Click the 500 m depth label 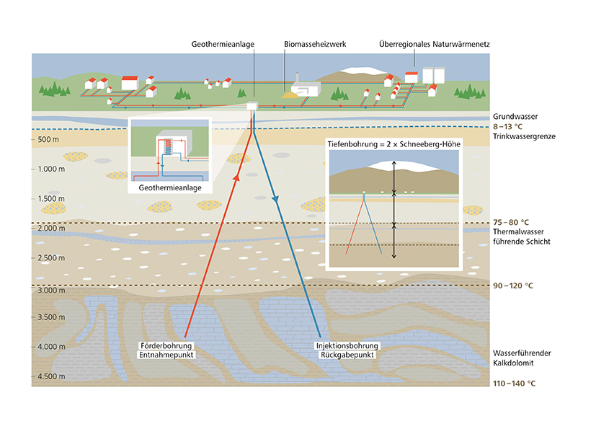tap(48, 139)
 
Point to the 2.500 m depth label tap(51, 258)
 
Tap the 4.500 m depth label tap(51, 376)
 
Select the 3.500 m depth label tap(51, 317)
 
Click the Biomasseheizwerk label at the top tap(315, 44)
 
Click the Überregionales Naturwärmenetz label tap(435, 44)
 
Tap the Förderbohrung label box tap(166, 346)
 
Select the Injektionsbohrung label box tap(347, 346)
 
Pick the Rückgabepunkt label tap(347, 355)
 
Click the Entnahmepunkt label tap(166, 355)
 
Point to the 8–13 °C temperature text tap(508, 127)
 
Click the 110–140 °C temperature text tap(514, 384)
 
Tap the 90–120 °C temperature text tap(512, 285)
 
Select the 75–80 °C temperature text tap(511, 222)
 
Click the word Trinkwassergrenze tap(524, 136)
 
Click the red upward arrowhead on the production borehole tap(236, 177)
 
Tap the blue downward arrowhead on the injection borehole tap(275, 199)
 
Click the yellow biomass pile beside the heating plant tap(289, 94)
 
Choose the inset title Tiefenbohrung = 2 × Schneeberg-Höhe tap(394, 144)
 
